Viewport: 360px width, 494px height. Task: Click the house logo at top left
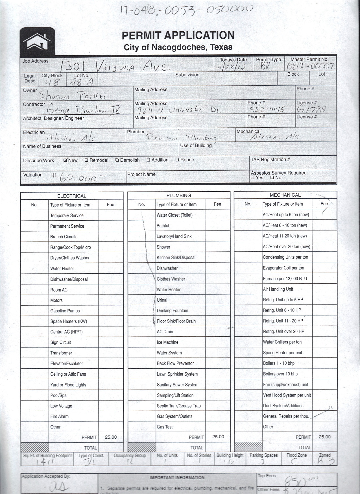[x=37, y=41]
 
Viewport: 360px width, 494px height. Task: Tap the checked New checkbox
[x=66, y=160]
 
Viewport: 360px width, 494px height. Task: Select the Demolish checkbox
[x=117, y=160]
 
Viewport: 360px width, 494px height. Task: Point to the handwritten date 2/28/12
[x=231, y=67]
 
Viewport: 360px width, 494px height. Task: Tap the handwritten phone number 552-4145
[x=267, y=109]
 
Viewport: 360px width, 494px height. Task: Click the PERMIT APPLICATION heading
[x=178, y=35]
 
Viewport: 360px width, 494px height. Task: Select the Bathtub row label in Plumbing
[x=163, y=226]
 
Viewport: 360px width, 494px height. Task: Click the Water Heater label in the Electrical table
[x=62, y=269]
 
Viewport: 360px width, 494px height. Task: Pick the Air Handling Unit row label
[x=278, y=289]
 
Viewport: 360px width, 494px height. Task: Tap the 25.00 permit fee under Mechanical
[x=324, y=437]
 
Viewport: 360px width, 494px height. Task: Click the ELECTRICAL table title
[x=72, y=196]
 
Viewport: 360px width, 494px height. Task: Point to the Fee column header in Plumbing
[x=217, y=204]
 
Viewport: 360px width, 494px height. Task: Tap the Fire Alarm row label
[x=59, y=416]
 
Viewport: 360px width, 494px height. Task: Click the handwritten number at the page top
[x=186, y=10]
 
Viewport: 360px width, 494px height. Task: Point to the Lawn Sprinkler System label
[x=177, y=374]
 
